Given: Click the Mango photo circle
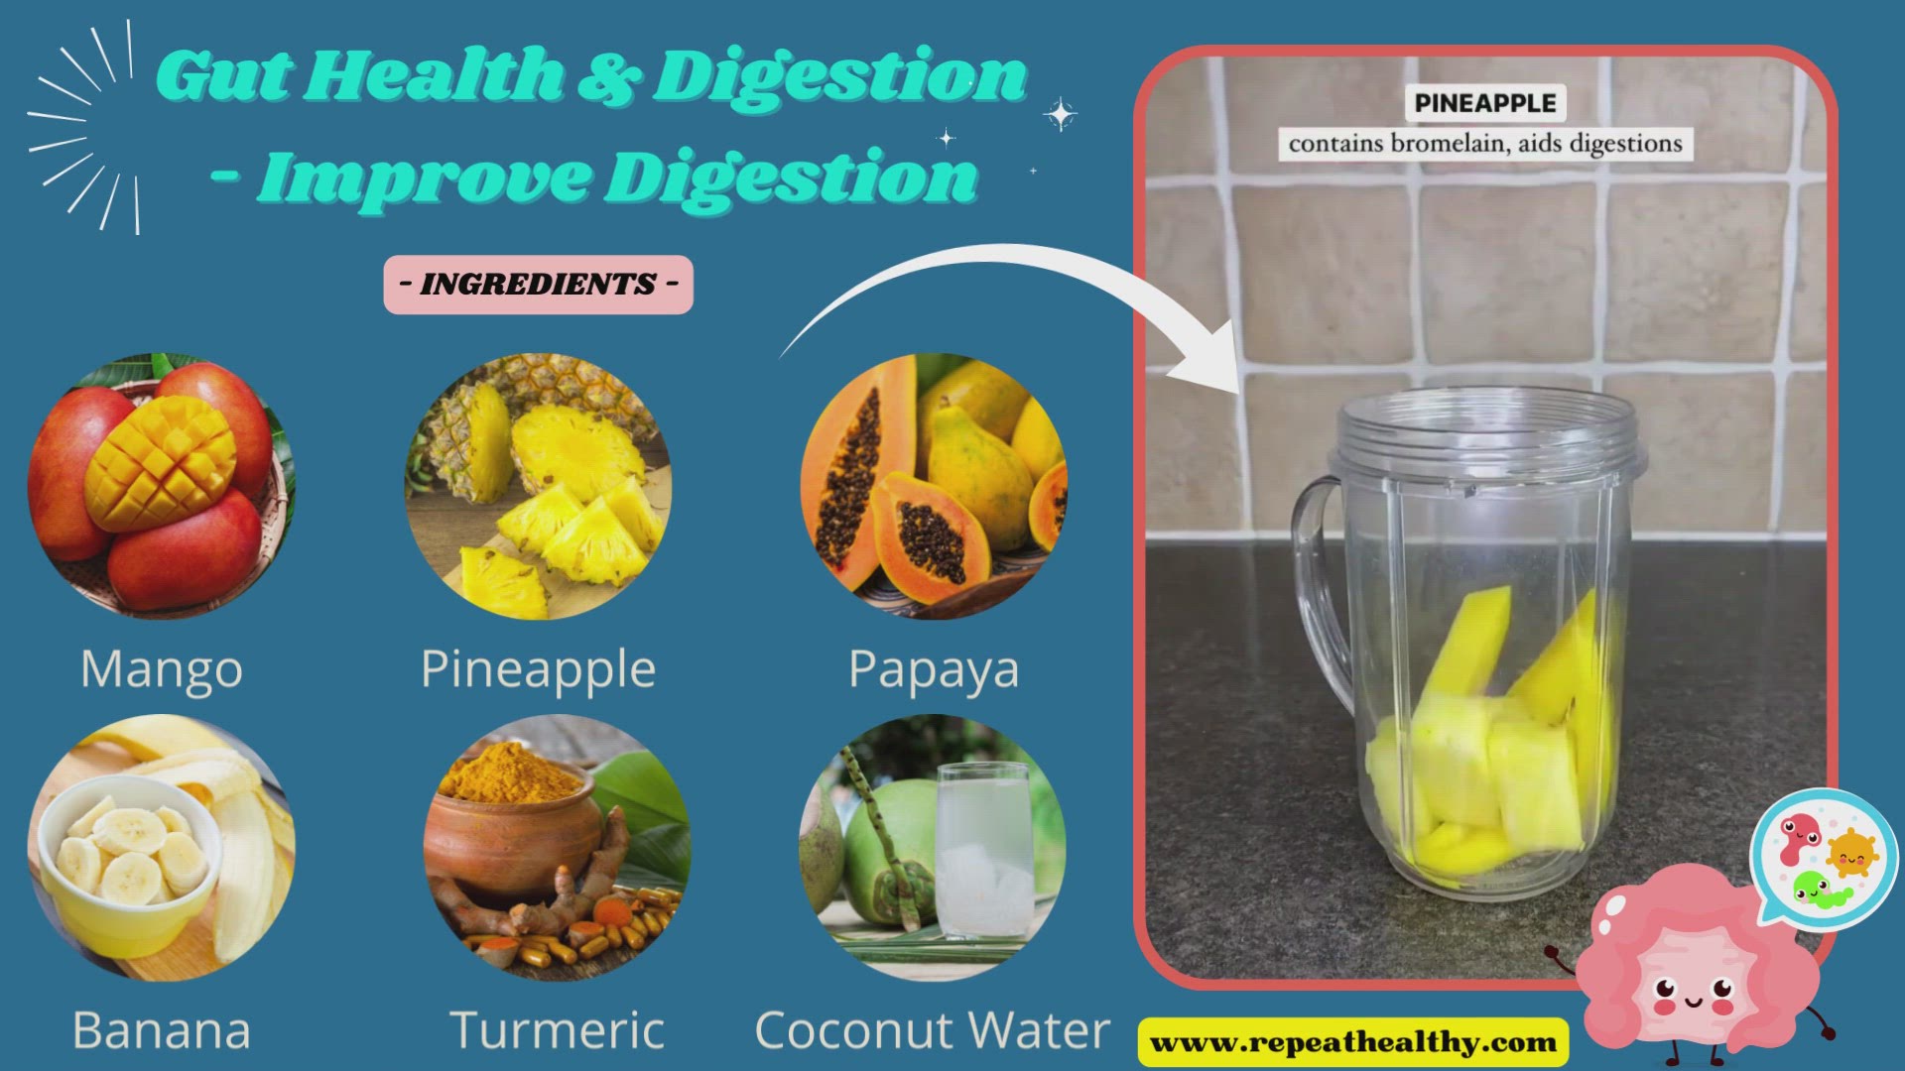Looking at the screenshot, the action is tap(161, 486).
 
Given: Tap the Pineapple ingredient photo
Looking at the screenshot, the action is tap(538, 486).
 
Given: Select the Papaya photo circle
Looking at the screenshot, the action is tap(934, 486).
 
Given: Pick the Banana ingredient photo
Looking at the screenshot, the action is tap(161, 848).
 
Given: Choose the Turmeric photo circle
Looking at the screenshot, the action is tap(557, 848).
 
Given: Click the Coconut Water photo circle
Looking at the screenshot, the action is tap(933, 848).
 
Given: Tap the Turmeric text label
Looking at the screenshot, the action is tap(557, 1030).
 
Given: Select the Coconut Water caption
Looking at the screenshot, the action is tap(933, 1030).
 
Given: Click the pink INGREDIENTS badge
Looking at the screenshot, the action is tap(539, 285).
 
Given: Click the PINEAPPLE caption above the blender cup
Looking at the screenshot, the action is tap(1485, 103).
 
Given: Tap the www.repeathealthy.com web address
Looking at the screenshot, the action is tap(1353, 1042).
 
